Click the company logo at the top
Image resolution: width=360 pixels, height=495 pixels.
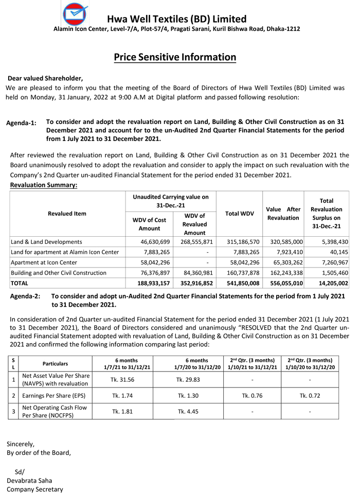75,14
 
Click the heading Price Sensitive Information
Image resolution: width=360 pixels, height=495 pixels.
175,57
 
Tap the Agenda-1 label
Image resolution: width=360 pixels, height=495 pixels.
21,123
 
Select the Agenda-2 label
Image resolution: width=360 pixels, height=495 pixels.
25,297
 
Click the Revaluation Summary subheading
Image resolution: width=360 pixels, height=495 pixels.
44,185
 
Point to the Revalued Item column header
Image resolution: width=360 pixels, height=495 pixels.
67,214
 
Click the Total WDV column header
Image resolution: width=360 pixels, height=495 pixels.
239,214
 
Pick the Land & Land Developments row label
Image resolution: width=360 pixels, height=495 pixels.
46,241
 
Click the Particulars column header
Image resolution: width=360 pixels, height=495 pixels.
55,363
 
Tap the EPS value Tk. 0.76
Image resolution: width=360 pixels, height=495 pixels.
253,396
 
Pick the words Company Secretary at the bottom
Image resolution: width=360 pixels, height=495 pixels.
34,489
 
